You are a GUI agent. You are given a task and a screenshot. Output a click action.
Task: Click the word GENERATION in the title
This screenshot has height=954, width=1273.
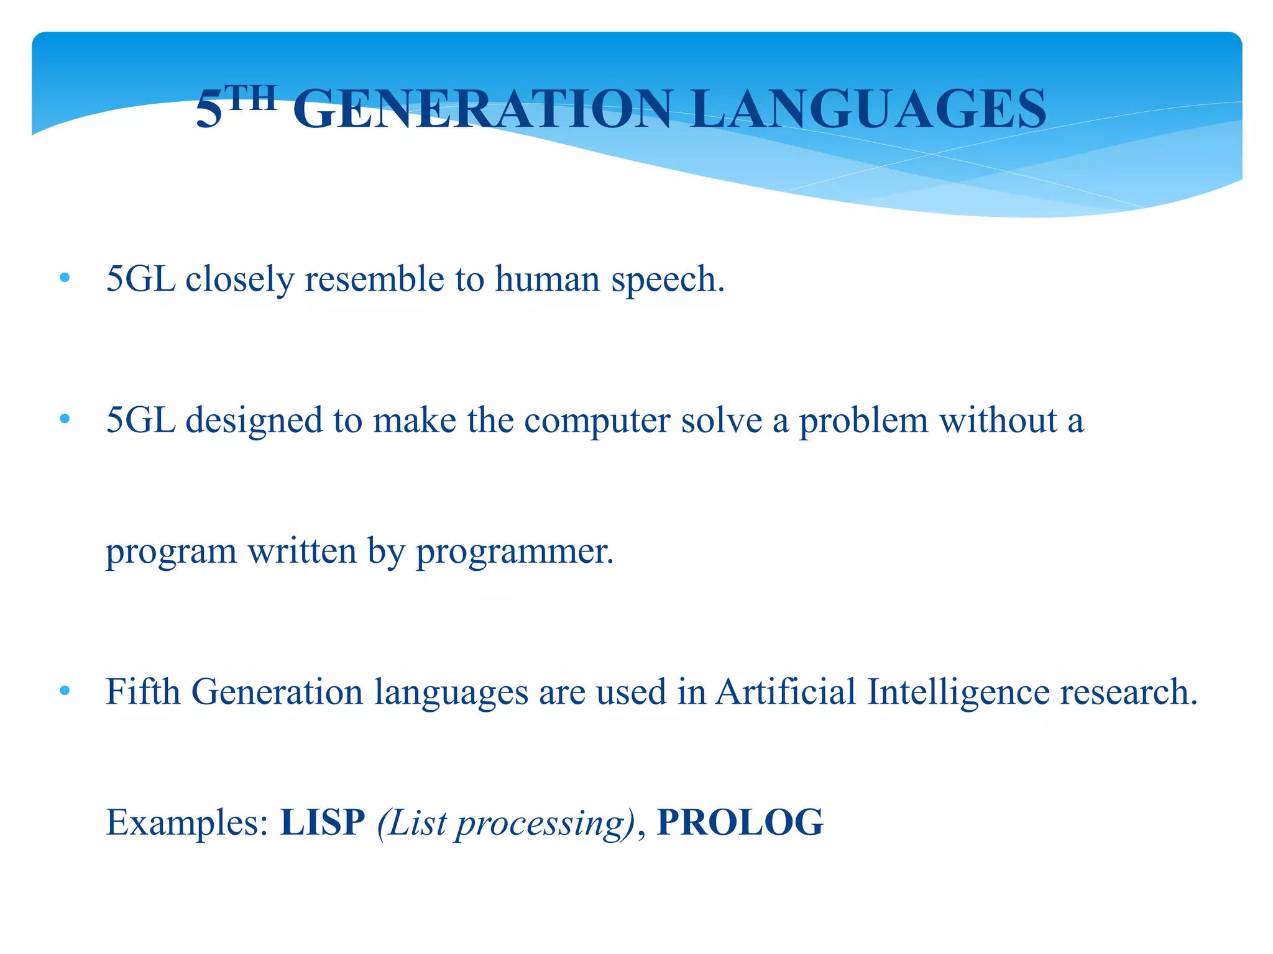[482, 109]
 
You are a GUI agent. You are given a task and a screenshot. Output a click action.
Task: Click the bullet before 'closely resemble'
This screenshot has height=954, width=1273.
[65, 279]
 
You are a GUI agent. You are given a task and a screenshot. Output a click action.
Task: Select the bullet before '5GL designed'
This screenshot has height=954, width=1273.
[65, 420]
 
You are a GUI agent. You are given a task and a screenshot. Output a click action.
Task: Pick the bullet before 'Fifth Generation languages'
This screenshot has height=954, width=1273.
[65, 691]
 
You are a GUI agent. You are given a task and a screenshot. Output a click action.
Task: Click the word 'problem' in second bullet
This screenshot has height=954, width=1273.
[863, 420]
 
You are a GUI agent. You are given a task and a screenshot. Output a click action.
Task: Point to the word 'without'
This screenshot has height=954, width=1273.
[998, 420]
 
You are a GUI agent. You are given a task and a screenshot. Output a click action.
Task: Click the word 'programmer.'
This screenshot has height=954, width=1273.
[515, 552]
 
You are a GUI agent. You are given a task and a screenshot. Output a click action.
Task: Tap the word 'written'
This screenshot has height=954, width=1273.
[302, 552]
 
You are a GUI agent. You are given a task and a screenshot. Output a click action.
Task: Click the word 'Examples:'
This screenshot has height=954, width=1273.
[187, 823]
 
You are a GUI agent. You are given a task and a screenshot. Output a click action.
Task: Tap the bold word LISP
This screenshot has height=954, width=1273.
[323, 823]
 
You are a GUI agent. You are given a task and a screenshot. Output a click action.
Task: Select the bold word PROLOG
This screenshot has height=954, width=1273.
[740, 823]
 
